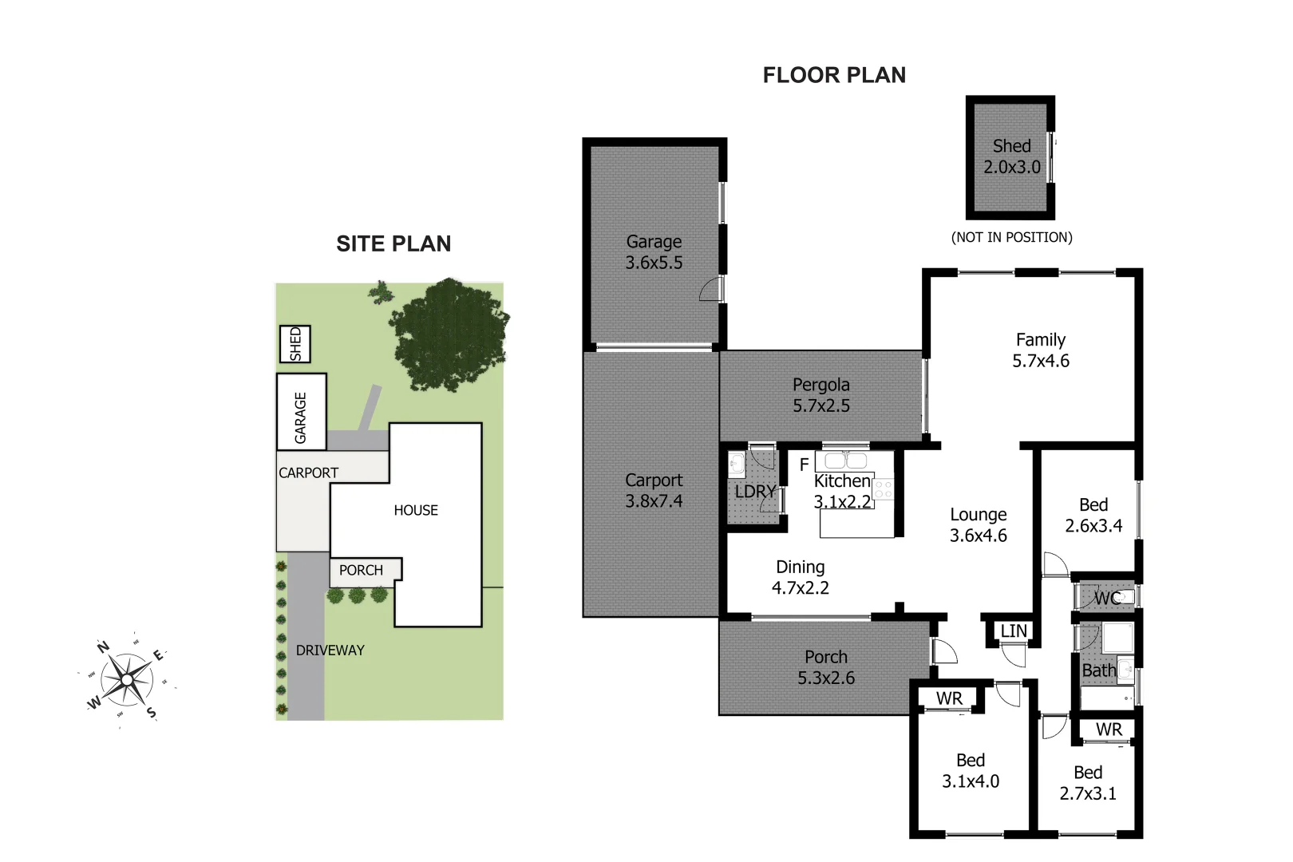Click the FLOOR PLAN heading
point(834,75)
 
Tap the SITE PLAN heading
point(393,243)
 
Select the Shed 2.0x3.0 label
point(1011,156)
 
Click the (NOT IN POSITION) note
point(1011,237)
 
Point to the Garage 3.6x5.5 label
point(654,252)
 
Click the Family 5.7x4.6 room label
point(1041,350)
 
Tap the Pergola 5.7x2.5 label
point(820,395)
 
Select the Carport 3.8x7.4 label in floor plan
point(654,490)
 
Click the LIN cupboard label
point(1014,631)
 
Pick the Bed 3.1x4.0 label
point(971,771)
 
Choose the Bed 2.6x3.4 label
point(1093,515)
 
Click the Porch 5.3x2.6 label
point(826,667)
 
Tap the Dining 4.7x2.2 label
point(800,577)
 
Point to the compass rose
point(128,680)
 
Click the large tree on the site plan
point(449,334)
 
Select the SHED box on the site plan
point(295,344)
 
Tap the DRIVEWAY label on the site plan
point(330,650)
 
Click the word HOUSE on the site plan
point(416,510)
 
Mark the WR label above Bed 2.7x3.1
point(1109,730)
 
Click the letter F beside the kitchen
point(804,465)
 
